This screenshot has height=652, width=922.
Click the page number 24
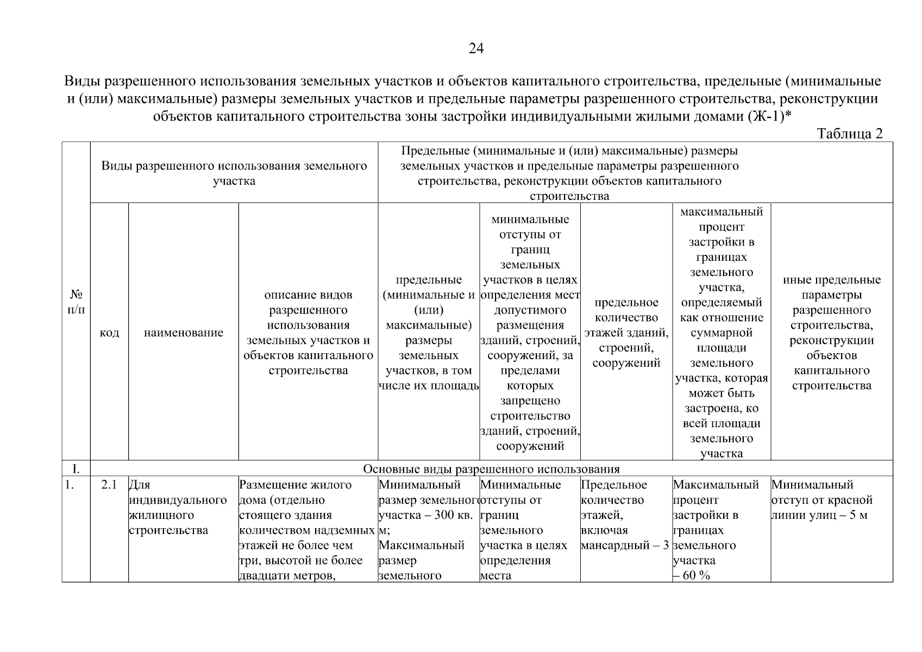476,49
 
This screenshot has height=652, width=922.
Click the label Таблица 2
850,134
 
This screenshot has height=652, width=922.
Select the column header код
109,333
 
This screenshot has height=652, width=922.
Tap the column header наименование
183,333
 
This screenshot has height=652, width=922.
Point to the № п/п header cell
76,302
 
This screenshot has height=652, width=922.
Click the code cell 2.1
109,485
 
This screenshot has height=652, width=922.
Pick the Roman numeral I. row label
76,469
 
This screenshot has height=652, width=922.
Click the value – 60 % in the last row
692,575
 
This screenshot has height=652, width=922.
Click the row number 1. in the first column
69,485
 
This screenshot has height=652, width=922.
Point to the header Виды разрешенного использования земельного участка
234,173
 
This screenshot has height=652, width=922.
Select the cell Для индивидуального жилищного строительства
178,507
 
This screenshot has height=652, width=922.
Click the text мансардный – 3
625,546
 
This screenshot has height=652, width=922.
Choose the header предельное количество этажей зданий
626,333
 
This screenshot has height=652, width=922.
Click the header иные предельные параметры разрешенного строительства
831,333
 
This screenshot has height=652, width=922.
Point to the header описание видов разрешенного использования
308,333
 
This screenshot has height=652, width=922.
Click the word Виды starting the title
83,82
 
